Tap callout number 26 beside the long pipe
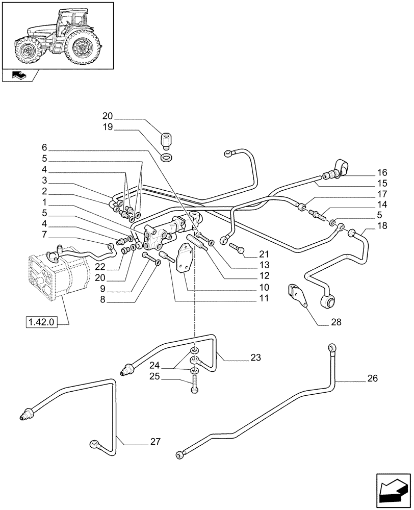[x=373, y=379]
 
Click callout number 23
[x=255, y=358]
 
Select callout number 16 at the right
[x=382, y=172]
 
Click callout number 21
[x=263, y=254]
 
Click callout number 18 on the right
[x=382, y=226]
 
